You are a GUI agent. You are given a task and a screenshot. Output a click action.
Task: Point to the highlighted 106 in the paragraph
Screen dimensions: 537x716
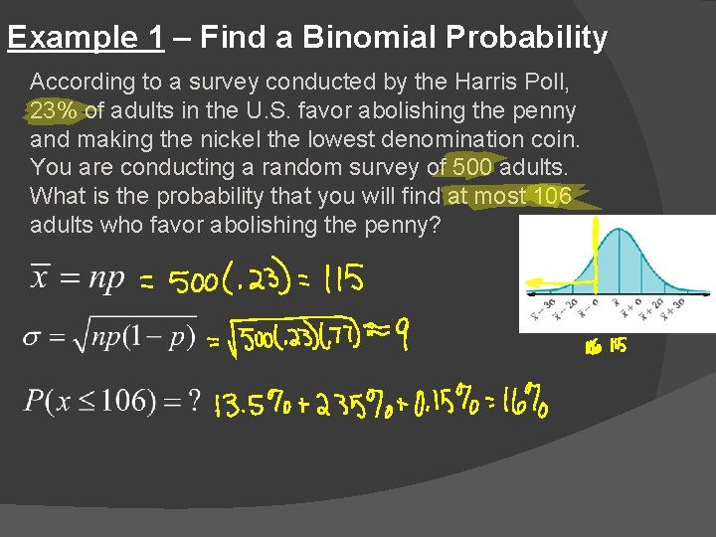pyautogui.click(x=552, y=196)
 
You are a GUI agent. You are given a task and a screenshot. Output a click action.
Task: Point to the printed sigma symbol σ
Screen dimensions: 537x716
pyautogui.click(x=33, y=338)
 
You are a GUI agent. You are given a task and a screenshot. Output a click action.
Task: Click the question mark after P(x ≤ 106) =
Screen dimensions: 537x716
pyautogui.click(x=194, y=401)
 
